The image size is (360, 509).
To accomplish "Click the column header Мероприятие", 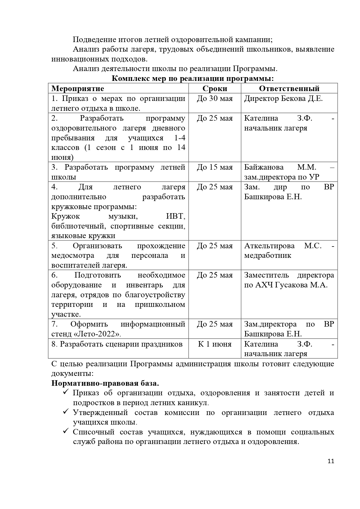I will click(x=77, y=88).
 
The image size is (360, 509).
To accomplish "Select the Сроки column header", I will click(x=215, y=88).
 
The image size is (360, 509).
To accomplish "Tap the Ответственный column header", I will click(x=289, y=88).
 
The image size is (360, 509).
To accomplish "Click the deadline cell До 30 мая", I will click(x=215, y=99).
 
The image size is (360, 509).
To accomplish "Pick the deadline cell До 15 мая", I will click(x=215, y=167).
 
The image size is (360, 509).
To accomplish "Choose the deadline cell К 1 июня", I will click(x=215, y=344).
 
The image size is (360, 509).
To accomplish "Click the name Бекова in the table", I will click(x=294, y=99).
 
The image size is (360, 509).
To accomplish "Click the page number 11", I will click(x=331, y=461).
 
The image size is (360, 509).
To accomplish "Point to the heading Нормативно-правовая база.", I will click(x=105, y=383).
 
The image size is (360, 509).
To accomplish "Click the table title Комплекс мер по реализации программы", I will click(x=193, y=79).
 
